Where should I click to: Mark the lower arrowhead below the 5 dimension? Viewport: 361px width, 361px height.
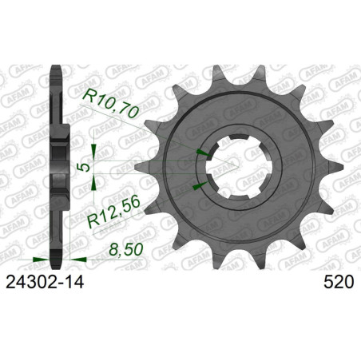click(x=96, y=184)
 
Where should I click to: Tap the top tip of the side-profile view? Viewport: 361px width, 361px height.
click(x=55, y=66)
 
